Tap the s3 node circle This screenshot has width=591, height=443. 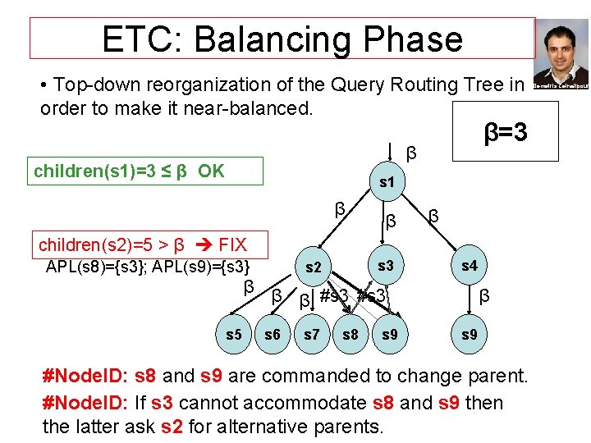tap(385, 265)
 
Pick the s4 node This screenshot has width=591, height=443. tap(469, 265)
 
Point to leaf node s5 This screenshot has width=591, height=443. tap(235, 335)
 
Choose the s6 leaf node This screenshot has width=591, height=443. tap(273, 335)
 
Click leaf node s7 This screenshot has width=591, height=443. tap(312, 335)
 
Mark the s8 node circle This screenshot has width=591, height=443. tap(350, 335)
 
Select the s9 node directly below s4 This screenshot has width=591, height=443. tap(469, 335)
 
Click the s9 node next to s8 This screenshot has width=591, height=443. tap(390, 335)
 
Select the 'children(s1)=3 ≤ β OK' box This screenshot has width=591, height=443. tap(146, 171)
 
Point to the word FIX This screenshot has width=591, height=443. tap(232, 244)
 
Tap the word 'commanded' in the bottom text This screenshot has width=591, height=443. tap(297, 376)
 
